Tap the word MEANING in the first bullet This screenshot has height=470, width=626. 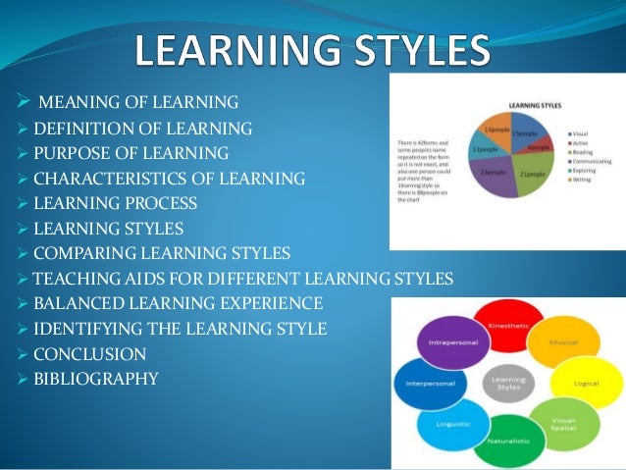point(73,102)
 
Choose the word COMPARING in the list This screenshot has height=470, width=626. point(78,254)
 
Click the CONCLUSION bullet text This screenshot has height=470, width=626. point(89,354)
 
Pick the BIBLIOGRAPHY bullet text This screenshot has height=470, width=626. point(95,380)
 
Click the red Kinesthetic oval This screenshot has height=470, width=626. point(508,324)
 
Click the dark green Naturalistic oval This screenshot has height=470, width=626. point(509,438)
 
